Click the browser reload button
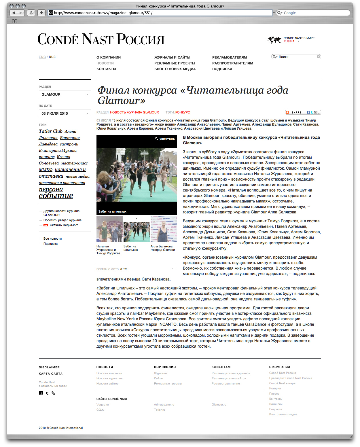pos(31,13)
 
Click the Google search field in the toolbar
pos(314,13)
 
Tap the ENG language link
pos(42,57)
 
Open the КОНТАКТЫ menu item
pos(106,69)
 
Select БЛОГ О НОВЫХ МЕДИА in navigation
pos(175,69)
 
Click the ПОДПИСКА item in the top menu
pos(222,69)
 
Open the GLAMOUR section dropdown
pos(65,94)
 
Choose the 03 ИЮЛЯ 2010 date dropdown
pos(65,113)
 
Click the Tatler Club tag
pos(51,131)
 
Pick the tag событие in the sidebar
pos(56,196)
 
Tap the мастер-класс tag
pos(74,163)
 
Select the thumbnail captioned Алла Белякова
pos(164,229)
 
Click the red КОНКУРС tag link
pos(183,113)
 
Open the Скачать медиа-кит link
pos(64,225)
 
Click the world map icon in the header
pos(274,40)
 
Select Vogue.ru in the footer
pos(103,405)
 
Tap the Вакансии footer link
pos(276,404)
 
